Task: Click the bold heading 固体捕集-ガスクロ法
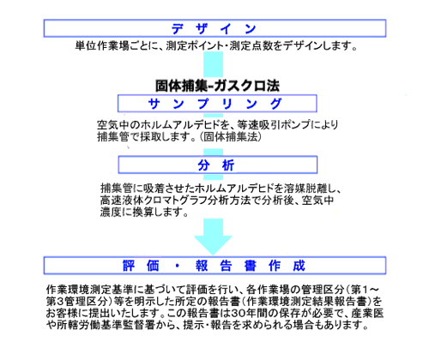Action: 217,86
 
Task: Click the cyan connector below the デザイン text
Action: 214,64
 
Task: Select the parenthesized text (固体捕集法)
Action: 231,137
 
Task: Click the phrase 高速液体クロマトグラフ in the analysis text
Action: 154,201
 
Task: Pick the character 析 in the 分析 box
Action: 228,165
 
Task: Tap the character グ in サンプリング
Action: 276,104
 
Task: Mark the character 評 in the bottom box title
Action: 129,266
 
